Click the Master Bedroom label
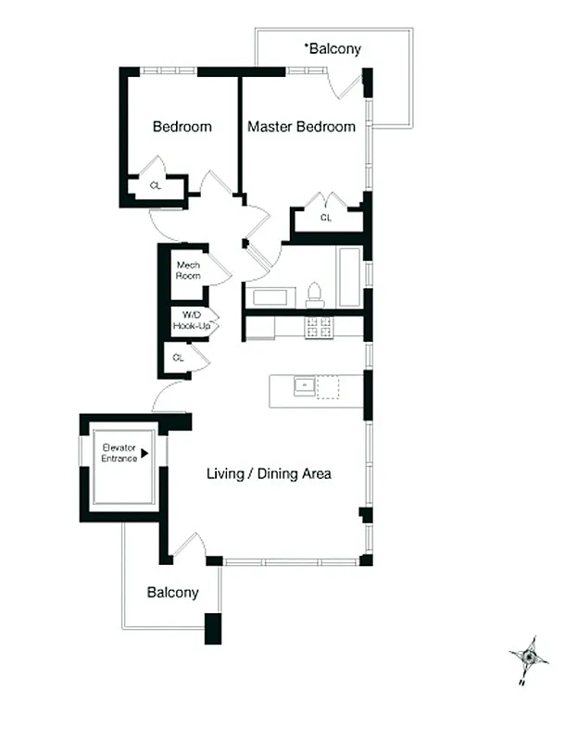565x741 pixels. (300, 127)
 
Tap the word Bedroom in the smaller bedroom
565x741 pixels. (182, 127)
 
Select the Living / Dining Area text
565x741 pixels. (269, 473)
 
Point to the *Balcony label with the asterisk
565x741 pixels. (333, 48)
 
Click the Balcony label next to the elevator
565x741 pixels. (172, 593)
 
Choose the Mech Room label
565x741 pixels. (188, 270)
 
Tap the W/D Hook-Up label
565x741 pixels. (189, 321)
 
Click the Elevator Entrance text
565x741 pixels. (119, 454)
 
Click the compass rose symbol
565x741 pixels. (528, 659)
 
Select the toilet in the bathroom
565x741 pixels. (314, 294)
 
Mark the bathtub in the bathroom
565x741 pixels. (349, 277)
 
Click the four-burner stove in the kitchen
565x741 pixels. (320, 326)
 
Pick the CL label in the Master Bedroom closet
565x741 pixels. (326, 218)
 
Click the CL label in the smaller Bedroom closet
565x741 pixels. (155, 185)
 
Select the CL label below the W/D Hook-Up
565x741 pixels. (178, 357)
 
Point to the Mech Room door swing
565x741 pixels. (219, 270)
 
